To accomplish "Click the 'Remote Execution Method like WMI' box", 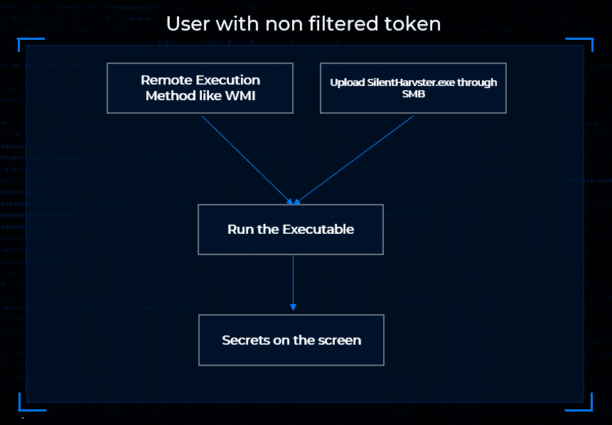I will (200, 88).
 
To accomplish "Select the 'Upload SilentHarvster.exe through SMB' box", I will (413, 88).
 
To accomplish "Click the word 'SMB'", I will (413, 93).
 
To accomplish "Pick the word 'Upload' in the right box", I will (347, 82).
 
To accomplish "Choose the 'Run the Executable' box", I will (291, 230).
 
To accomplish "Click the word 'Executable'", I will (318, 230).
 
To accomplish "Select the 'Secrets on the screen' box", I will (291, 340).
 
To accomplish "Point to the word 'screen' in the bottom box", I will (340, 340).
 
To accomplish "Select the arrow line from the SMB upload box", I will (355, 158).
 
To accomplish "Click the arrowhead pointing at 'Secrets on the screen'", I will (293, 307).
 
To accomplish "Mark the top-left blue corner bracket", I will (23, 43).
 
